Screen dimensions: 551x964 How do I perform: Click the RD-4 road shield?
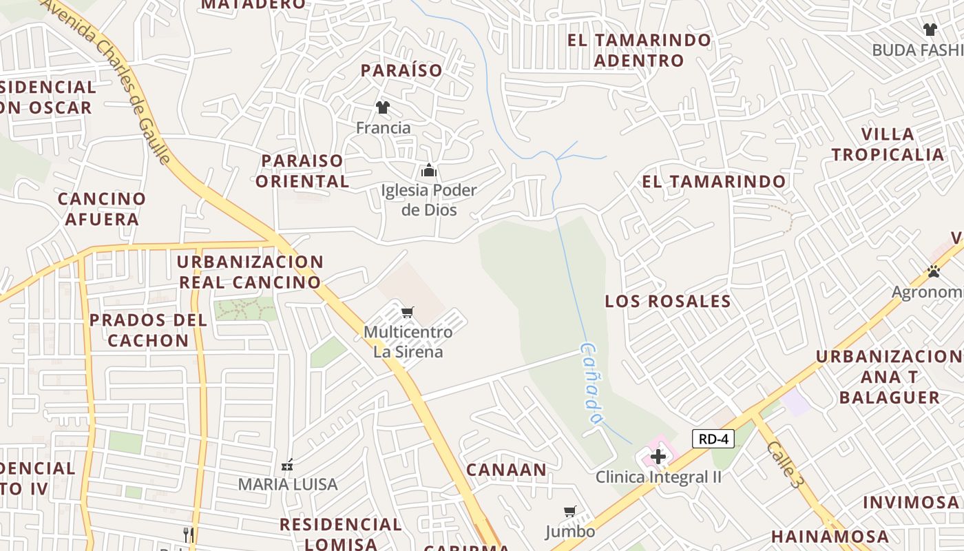[x=713, y=439]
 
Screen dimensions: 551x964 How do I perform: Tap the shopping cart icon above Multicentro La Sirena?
[x=407, y=313]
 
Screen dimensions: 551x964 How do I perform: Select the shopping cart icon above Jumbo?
[x=569, y=512]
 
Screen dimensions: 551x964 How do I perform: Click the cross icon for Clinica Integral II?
[x=658, y=456]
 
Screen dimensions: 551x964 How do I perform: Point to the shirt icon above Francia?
[x=383, y=107]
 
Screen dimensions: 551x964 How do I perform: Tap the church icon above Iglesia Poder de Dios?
[x=429, y=170]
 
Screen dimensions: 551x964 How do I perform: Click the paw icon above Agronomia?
[x=934, y=272]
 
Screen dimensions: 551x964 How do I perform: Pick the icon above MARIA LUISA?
[x=287, y=465]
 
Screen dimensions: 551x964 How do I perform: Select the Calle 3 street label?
[x=785, y=465]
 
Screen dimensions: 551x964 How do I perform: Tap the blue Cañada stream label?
[x=591, y=384]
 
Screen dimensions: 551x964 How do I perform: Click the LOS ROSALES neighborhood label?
[x=667, y=301]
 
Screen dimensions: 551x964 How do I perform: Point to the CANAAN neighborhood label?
[x=506, y=470]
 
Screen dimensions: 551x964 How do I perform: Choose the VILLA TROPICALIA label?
[x=888, y=144]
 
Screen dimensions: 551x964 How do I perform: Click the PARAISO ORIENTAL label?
[x=305, y=171]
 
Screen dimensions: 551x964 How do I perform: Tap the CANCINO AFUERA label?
[x=102, y=209]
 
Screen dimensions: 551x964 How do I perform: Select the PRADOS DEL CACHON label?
[x=148, y=330]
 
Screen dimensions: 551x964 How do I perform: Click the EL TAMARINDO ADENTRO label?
[x=639, y=50]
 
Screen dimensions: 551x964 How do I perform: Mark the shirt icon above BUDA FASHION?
[x=930, y=30]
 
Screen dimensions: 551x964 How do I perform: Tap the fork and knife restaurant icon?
[x=188, y=534]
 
